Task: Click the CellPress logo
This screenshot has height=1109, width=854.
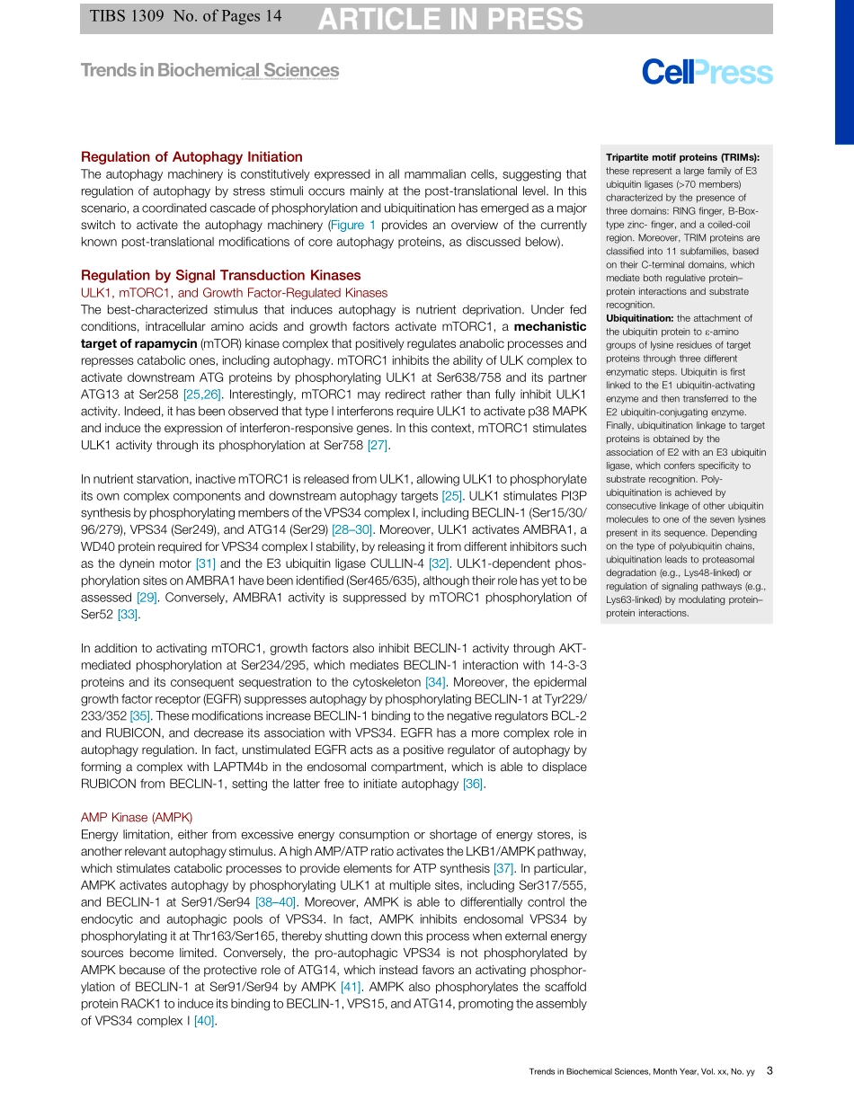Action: point(707,72)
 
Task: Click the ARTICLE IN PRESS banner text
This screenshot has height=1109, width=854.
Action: point(450,19)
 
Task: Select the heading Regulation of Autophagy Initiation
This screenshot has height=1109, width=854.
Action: point(191,156)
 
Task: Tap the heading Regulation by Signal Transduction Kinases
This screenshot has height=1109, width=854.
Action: point(220,275)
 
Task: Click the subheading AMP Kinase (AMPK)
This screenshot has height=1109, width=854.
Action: point(137,817)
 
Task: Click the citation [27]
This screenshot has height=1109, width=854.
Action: point(377,445)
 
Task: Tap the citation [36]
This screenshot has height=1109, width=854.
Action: point(473,784)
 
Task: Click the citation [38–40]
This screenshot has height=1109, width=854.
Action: point(275,901)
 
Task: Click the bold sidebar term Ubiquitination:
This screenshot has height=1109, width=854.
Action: point(639,318)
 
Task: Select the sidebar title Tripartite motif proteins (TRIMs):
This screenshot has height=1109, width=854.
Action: point(682,156)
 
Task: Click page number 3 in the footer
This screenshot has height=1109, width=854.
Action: point(769,1070)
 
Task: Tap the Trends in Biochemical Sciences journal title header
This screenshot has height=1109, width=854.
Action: point(209,70)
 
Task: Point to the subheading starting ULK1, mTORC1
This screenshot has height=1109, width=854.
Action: point(234,293)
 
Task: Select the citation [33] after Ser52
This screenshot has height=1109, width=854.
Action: point(128,615)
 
